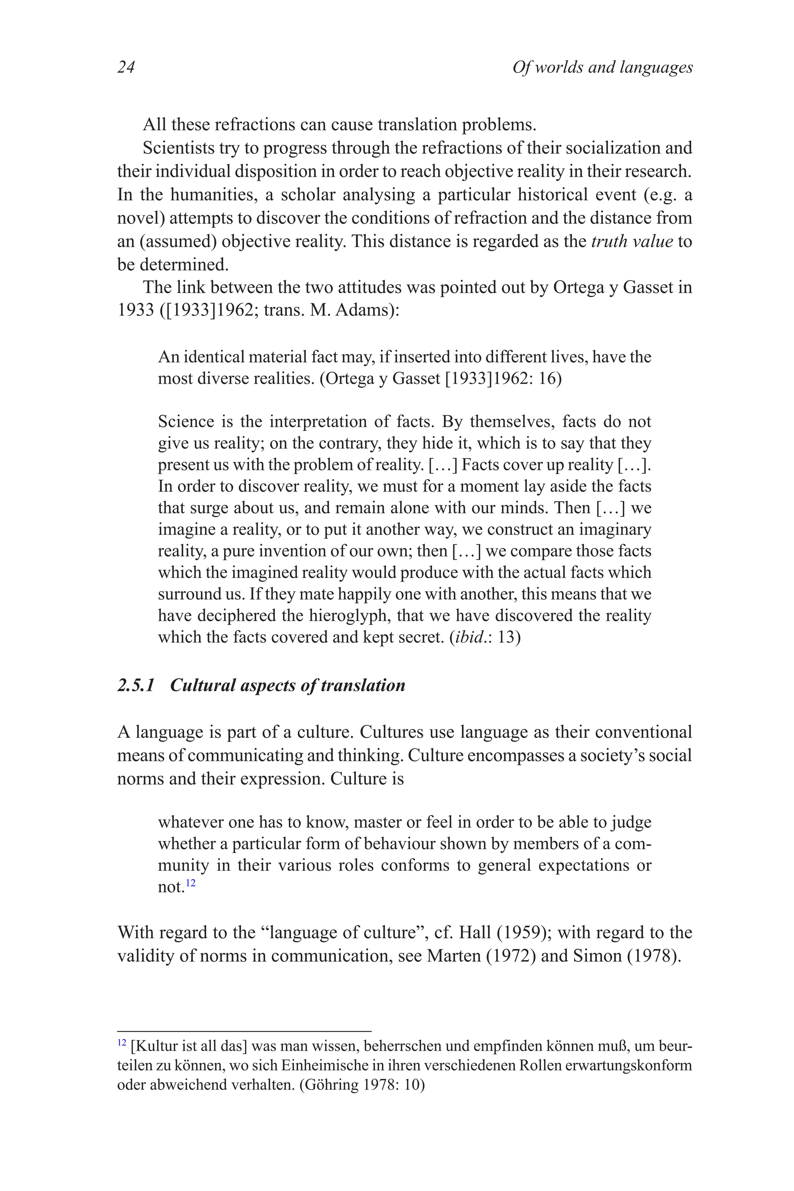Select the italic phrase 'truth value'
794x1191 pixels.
coord(632,241)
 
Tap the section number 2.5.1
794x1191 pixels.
coord(136,685)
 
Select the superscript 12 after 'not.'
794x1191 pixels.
coord(190,883)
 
